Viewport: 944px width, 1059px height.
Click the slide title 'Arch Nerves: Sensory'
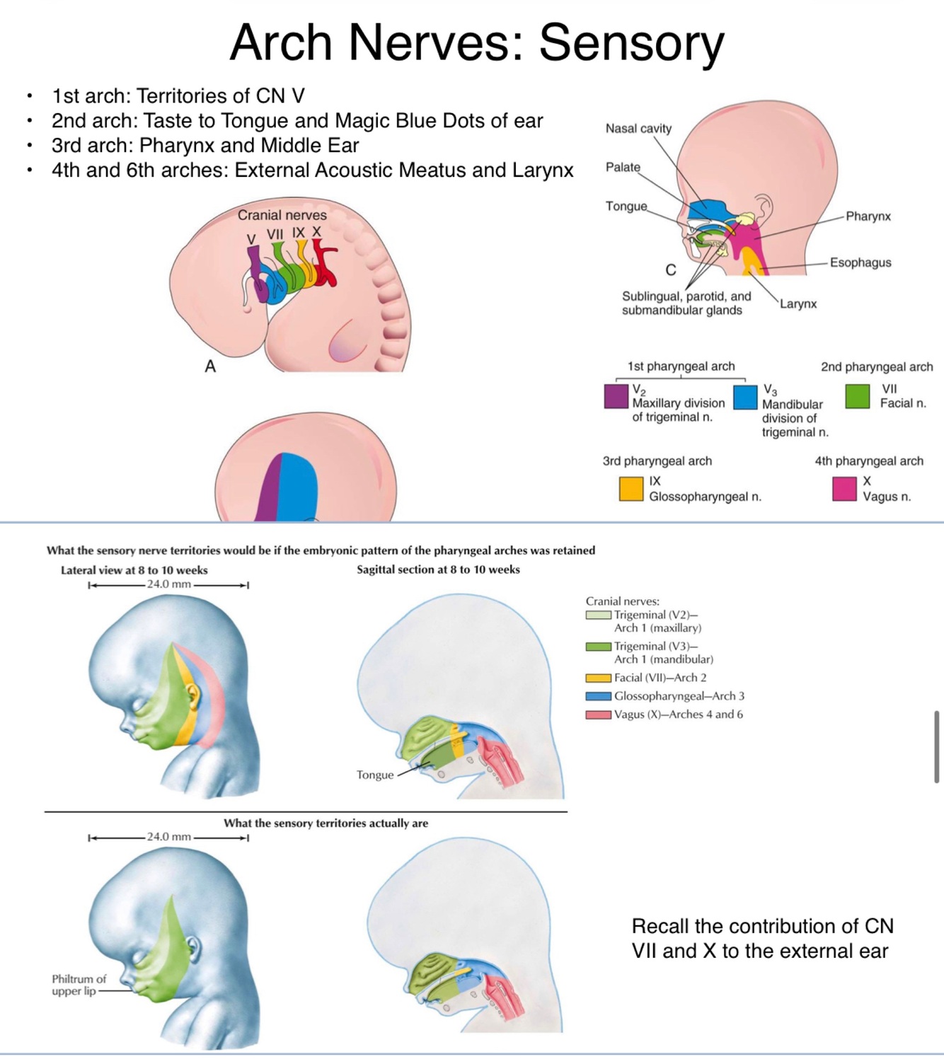click(x=477, y=42)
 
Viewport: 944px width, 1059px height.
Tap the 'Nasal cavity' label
click(x=638, y=128)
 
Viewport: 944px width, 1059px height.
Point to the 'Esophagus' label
click(x=860, y=262)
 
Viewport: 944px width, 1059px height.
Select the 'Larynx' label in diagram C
click(x=798, y=304)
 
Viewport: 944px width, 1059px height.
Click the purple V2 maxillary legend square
click(x=616, y=396)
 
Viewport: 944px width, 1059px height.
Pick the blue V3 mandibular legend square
click(x=745, y=397)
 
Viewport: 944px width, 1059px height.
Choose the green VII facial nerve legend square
click(x=857, y=396)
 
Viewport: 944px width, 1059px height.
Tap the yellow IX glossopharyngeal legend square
click(x=631, y=489)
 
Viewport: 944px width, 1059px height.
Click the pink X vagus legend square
click(x=844, y=489)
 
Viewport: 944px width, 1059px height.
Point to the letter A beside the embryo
click(x=210, y=366)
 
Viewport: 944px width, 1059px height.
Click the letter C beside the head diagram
click(x=671, y=270)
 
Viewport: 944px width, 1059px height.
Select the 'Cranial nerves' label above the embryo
click(x=282, y=215)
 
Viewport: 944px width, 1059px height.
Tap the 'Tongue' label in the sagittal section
click(x=375, y=775)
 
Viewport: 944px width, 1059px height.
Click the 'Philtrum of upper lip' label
click(x=79, y=985)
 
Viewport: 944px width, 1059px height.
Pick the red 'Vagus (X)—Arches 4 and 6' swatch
click(x=598, y=714)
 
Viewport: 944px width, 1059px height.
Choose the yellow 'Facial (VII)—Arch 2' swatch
click(x=598, y=678)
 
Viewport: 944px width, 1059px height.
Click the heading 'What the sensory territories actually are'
click(x=326, y=823)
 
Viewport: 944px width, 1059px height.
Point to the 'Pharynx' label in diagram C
click(x=868, y=216)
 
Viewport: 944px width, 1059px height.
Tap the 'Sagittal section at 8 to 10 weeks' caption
click(x=438, y=569)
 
